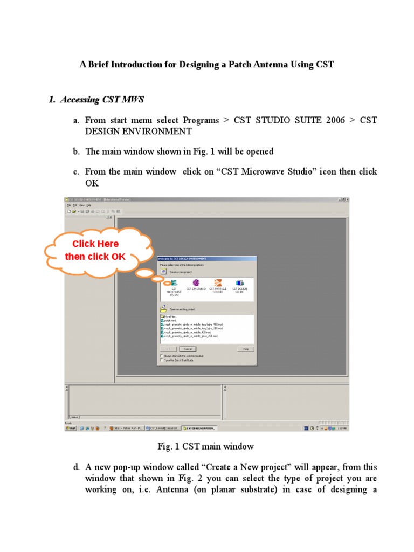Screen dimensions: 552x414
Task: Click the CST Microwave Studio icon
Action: pos(174,282)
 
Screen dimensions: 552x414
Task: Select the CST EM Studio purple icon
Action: pos(196,282)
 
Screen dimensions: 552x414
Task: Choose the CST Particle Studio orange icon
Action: pos(218,282)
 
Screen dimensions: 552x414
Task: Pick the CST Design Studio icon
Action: pos(239,282)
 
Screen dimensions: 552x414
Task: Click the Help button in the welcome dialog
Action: pos(245,349)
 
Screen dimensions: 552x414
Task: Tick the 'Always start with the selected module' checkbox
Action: pos(161,356)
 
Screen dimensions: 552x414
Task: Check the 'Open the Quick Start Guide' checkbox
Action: pos(161,360)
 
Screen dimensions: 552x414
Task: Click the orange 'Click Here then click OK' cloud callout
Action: pos(95,251)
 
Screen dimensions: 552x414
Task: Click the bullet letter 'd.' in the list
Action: pos(77,467)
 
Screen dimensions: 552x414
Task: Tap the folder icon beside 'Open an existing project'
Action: pos(163,308)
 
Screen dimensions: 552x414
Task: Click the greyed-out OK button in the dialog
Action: pos(167,349)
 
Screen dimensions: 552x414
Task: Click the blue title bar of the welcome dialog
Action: pos(206,258)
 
